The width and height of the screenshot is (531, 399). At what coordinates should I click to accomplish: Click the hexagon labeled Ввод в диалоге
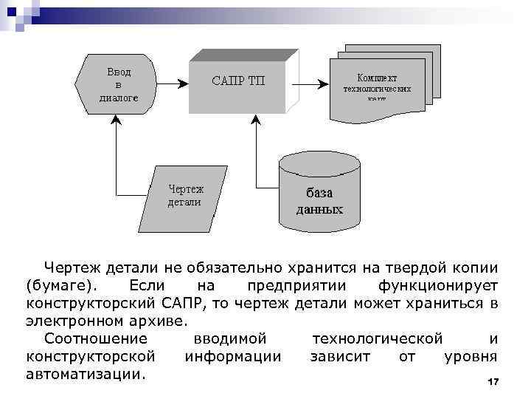click(x=117, y=83)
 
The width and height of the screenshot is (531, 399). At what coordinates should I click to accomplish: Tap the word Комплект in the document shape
click(x=377, y=78)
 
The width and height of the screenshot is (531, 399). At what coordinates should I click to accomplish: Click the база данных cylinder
click(x=319, y=194)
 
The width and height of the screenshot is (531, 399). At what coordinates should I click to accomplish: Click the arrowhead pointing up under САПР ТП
click(x=256, y=120)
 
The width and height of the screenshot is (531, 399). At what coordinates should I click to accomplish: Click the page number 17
click(x=493, y=381)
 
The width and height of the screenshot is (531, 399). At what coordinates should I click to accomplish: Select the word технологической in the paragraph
click(x=378, y=338)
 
